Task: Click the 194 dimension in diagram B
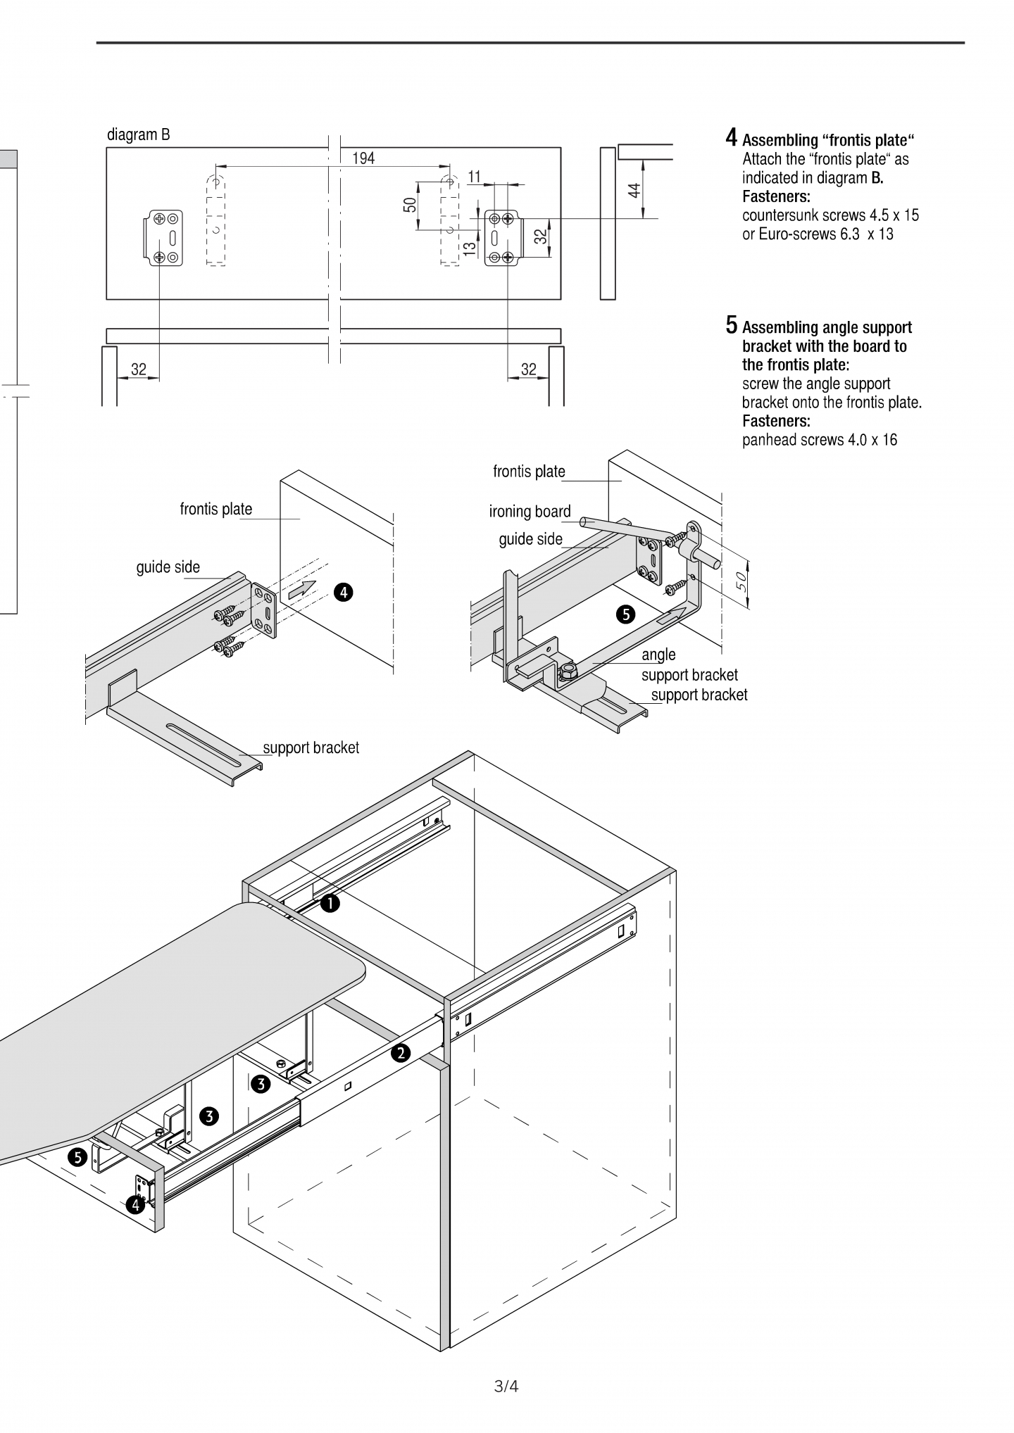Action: pos(363,158)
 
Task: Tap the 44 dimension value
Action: pos(634,189)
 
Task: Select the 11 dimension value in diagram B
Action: pos(474,176)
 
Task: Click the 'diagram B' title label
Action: pos(139,134)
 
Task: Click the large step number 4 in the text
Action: pos(732,137)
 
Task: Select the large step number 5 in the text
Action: pos(732,324)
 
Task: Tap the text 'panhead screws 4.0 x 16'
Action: pos(820,440)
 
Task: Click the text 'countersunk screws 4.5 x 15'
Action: pos(830,215)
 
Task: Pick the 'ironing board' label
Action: pos(530,512)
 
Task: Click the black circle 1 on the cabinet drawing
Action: pos(330,903)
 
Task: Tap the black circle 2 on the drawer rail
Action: pos(401,1053)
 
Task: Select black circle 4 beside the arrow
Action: pos(343,593)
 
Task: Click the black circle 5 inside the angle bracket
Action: pos(625,614)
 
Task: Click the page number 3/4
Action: pos(506,1387)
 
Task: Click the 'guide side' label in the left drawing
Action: pos(168,567)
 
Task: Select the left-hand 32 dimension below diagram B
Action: pos(139,370)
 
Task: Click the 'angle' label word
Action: pos(658,655)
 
